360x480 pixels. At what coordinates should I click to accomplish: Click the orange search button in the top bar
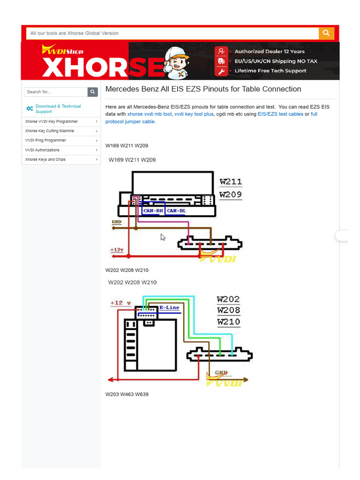coord(326,33)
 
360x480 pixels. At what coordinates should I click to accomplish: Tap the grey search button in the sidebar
coord(92,92)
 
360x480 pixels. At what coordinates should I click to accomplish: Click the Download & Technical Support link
coord(58,109)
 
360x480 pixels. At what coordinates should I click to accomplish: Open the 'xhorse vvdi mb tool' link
coord(150,114)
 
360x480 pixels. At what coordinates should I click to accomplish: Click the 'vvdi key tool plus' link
coord(194,114)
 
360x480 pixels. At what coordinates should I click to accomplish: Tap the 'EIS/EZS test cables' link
coord(280,114)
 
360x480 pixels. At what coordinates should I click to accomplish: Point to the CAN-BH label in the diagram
coord(153,210)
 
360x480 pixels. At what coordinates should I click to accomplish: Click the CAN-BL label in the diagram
coord(176,210)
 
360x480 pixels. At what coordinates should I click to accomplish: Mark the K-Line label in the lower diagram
coord(169,307)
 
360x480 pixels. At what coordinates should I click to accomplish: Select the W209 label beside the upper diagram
coord(231,195)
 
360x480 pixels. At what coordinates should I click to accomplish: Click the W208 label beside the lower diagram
coord(229,310)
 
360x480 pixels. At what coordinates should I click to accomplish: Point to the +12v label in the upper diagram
coord(117,250)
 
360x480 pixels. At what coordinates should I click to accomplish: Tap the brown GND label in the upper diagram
coord(117,222)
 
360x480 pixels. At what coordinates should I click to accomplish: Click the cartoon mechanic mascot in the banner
coord(176,63)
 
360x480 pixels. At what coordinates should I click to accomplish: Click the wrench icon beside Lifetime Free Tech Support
coord(221,71)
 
